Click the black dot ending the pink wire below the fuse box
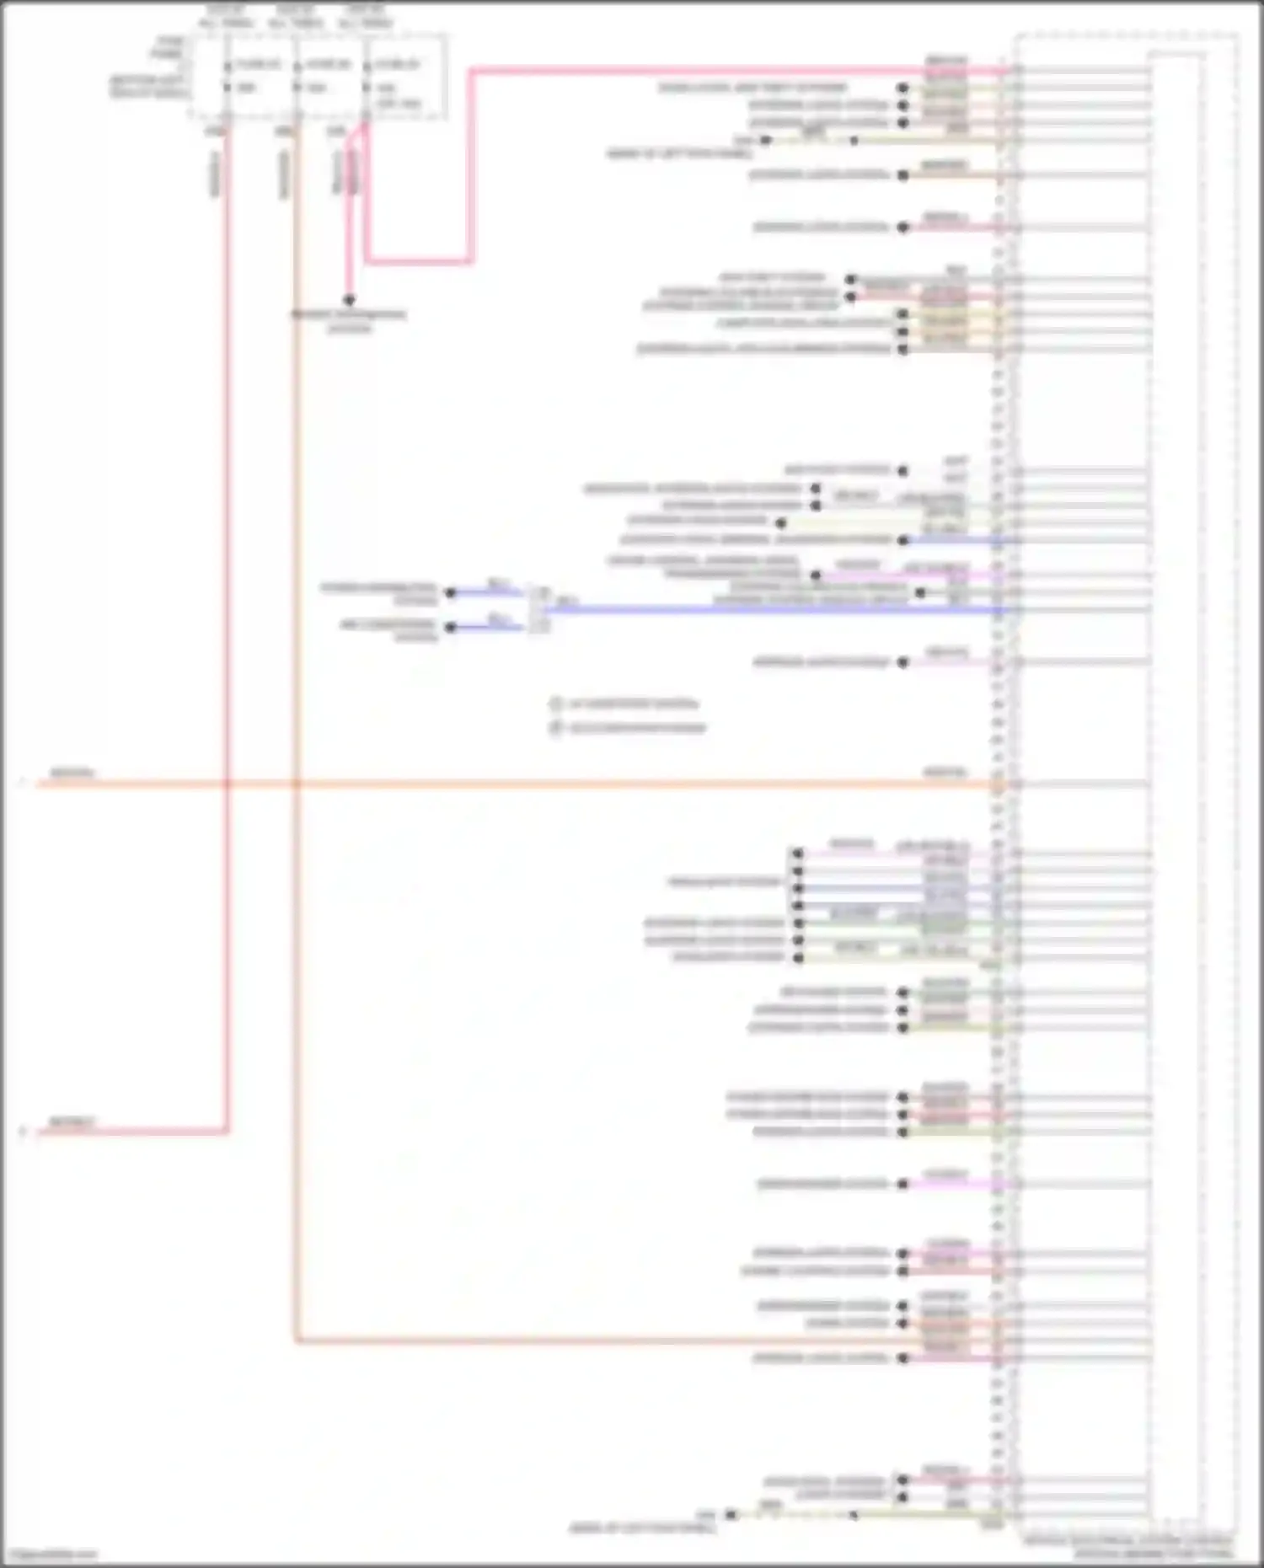[349, 300]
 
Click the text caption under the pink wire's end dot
[349, 321]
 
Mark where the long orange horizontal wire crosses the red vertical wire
[227, 784]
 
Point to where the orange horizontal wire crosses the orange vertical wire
[296, 784]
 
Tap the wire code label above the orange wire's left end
[72, 773]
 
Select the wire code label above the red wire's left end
[72, 1121]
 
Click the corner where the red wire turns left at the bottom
[227, 1132]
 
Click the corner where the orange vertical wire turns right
[296, 1341]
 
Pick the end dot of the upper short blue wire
[450, 593]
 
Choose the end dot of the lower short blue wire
[450, 628]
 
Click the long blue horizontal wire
[758, 609]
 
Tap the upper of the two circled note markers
[555, 704]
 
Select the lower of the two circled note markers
[555, 728]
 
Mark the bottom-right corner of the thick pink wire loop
[471, 261]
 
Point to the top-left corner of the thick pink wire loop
[471, 71]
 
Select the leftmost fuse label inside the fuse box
[257, 64]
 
